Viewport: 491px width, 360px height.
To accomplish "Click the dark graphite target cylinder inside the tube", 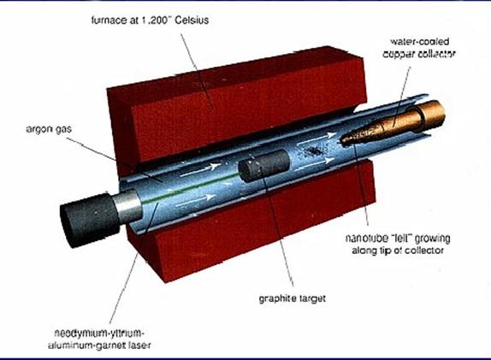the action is coord(263,166).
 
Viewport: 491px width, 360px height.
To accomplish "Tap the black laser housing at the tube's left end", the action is coord(89,220).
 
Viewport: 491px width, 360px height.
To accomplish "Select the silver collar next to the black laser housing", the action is coord(127,206).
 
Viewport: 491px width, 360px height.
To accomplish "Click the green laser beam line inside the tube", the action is coord(191,188).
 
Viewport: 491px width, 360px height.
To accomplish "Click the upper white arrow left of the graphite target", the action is coord(201,169).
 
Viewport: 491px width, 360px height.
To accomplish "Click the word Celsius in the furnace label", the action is coord(192,20).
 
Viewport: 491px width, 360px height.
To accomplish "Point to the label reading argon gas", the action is coord(49,129).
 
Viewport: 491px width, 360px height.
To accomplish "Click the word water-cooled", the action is coord(419,41).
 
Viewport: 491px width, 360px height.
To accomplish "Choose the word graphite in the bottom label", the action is coord(277,298).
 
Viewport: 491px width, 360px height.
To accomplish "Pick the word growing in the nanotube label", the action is coord(433,239).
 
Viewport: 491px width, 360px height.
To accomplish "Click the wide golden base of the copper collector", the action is coord(431,115).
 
